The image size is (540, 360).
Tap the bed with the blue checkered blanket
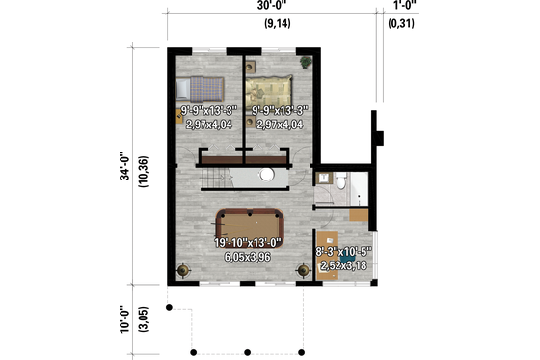coord(205,90)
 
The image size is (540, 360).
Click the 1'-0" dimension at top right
coord(404,9)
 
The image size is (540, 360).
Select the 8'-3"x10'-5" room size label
coord(344,252)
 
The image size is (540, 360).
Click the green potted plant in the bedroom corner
coord(306,63)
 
